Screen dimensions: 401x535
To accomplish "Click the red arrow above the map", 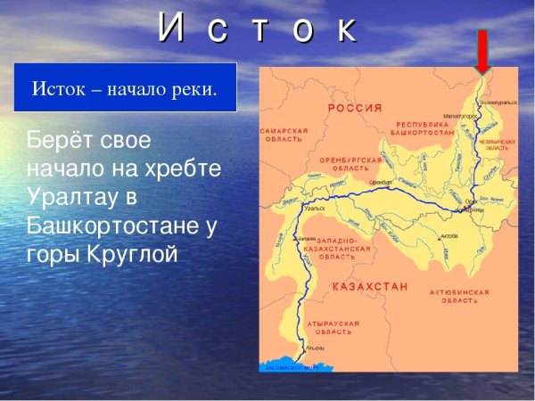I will click(482, 52).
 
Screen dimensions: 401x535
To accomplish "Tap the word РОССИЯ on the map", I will click(355, 107).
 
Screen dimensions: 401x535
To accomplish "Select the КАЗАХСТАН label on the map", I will click(370, 287).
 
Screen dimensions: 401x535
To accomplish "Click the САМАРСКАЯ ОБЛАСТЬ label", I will click(283, 134).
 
